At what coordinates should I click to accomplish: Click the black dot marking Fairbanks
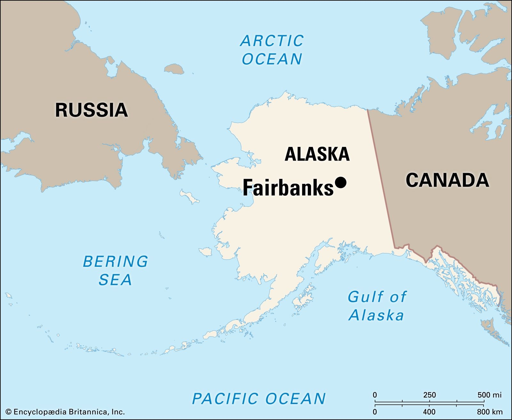[x=340, y=182]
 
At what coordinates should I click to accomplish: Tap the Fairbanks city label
[x=288, y=188]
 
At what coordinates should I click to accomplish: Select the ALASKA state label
[x=317, y=154]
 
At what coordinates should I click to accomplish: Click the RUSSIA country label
[x=92, y=110]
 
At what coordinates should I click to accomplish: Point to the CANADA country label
[x=447, y=180]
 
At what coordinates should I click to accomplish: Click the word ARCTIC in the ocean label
[x=272, y=41]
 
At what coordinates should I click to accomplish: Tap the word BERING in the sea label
[x=116, y=261]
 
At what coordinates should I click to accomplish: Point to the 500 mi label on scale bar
[x=489, y=395]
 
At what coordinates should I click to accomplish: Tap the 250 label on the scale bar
[x=429, y=395]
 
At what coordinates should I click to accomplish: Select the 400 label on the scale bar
[x=429, y=412]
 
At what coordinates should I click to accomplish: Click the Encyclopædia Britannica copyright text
[x=65, y=412]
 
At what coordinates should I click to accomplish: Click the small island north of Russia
[x=174, y=68]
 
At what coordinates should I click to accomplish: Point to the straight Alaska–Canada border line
[x=381, y=179]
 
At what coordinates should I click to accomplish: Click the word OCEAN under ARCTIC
[x=272, y=59]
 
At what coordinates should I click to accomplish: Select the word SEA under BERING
[x=115, y=280]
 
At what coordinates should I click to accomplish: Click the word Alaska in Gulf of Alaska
[x=376, y=315]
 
